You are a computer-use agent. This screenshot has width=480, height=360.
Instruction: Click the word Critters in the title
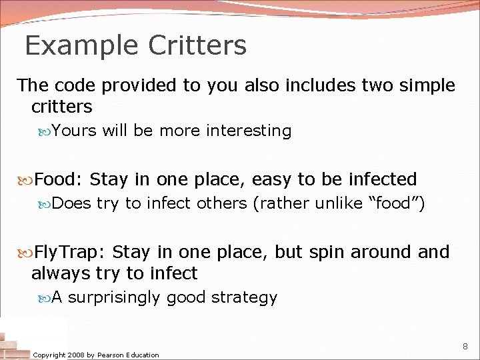[197, 46]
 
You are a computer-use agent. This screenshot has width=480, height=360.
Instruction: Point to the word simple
[420, 85]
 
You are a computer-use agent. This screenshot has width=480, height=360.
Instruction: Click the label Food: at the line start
[58, 179]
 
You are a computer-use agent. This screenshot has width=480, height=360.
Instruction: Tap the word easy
[272, 180]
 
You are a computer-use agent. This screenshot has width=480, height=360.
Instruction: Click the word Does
[71, 203]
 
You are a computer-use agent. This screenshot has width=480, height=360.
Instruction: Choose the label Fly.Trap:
[70, 253]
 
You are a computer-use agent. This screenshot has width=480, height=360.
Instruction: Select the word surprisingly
[114, 298]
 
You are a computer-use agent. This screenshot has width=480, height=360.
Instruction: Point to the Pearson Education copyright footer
[96, 355]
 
